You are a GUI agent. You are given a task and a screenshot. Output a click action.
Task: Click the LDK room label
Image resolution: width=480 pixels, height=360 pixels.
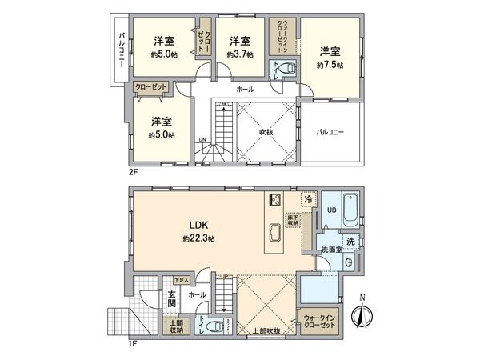[x=195, y=225]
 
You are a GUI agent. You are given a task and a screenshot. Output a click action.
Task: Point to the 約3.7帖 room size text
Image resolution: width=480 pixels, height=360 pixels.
[x=239, y=54]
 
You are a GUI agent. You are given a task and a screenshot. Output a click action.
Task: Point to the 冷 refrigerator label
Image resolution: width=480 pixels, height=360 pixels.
[x=307, y=200]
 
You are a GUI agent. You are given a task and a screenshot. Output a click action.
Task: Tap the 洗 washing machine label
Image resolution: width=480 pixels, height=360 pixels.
[x=350, y=242]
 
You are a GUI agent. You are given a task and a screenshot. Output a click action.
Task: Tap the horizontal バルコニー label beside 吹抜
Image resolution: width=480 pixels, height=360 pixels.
[x=330, y=131]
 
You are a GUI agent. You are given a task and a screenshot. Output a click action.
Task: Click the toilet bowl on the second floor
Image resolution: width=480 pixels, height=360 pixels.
[x=287, y=70]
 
